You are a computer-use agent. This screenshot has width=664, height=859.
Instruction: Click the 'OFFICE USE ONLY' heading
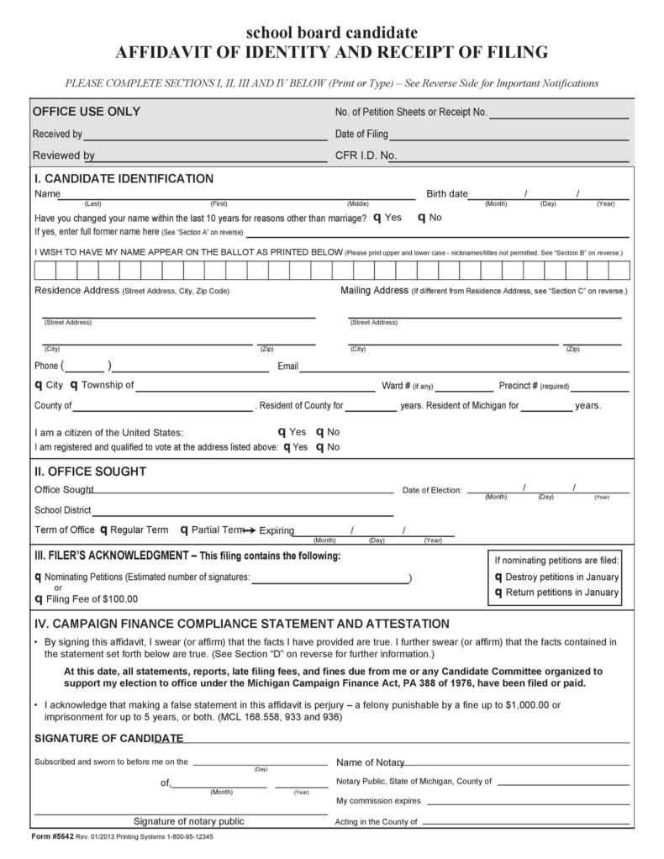(x=86, y=112)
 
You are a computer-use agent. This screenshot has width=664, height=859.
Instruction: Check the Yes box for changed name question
(x=377, y=218)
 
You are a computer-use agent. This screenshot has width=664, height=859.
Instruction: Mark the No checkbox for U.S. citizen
(x=320, y=432)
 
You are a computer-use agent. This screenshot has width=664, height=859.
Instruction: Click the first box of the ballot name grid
(x=45, y=270)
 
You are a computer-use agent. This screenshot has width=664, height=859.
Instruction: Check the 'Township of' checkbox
(x=74, y=385)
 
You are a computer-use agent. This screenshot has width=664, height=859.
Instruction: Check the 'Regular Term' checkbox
(x=103, y=530)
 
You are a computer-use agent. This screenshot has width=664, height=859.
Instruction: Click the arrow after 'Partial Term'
(x=249, y=530)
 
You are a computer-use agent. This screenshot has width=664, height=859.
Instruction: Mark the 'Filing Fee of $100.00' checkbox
(x=39, y=599)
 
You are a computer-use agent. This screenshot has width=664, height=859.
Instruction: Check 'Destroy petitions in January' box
(x=498, y=577)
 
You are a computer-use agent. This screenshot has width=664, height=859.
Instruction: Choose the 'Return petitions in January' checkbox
(x=498, y=593)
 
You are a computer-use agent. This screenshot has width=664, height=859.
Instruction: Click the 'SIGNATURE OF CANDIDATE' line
(x=403, y=741)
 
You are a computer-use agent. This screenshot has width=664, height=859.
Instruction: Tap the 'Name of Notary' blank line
(x=517, y=764)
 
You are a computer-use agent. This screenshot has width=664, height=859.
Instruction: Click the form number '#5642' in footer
(x=58, y=837)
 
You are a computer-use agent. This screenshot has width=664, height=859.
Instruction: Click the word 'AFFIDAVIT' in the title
(x=161, y=53)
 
